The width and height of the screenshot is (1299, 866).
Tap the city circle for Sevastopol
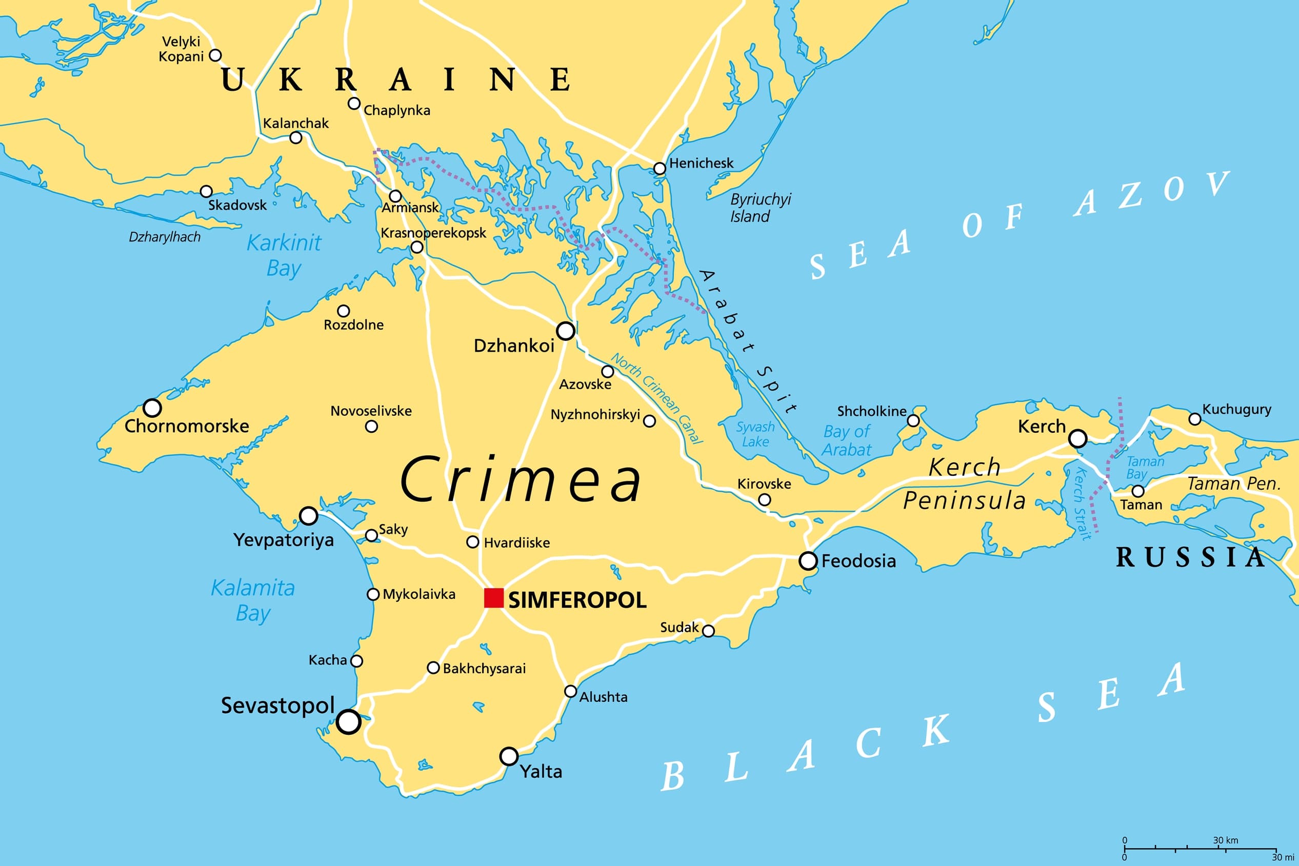[349, 722]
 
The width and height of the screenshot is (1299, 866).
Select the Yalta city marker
[509, 756]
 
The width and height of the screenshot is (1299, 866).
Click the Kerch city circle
[1077, 438]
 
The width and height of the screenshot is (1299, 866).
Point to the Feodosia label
[858, 561]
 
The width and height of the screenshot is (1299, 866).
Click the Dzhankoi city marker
[566, 331]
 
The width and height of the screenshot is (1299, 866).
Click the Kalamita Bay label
[253, 600]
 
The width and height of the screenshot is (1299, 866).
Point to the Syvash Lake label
[755, 434]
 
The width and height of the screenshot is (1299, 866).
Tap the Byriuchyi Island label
[760, 208]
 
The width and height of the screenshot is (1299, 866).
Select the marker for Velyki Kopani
[215, 55]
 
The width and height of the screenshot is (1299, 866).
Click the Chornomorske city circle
[152, 408]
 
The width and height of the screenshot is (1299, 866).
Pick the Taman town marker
[1138, 491]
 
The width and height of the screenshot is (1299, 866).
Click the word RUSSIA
[1191, 557]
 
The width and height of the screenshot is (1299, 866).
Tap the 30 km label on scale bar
[1226, 840]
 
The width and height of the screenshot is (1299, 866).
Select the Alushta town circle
[570, 692]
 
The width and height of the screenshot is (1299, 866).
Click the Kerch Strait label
[1082, 502]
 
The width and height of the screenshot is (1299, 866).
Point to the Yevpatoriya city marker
[308, 516]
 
